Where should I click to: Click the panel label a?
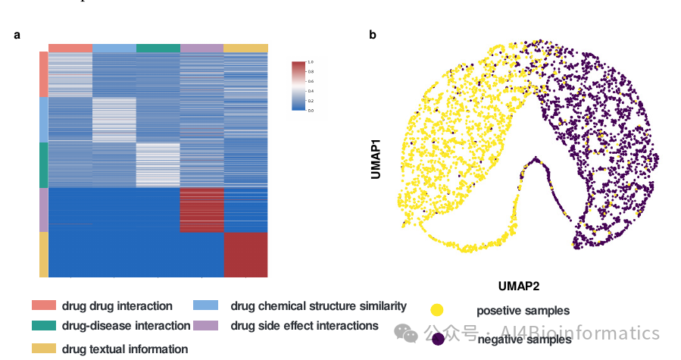tap(17, 35)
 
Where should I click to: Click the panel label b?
tap(372, 35)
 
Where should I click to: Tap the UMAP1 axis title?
tap(376, 158)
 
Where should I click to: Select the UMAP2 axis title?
tap(519, 286)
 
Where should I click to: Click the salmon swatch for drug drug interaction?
tap(44, 305)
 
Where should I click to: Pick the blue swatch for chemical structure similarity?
tap(206, 305)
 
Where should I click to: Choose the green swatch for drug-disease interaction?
tap(44, 325)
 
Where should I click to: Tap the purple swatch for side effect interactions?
tap(206, 325)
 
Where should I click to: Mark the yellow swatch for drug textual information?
tap(44, 348)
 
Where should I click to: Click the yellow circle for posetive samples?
tap(437, 310)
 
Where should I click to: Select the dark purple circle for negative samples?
tap(438, 339)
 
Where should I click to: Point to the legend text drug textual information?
tap(125, 349)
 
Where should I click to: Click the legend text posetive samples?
tap(523, 311)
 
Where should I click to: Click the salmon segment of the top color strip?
tap(70, 49)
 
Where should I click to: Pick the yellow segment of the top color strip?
tap(246, 49)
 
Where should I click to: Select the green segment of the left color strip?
tap(43, 164)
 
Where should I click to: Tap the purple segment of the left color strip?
tap(43, 209)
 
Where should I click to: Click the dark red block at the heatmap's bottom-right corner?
tap(246, 254)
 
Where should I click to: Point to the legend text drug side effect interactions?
tap(304, 326)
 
